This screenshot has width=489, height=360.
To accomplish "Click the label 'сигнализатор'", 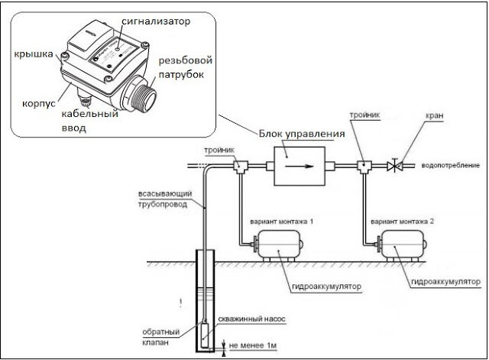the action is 156,21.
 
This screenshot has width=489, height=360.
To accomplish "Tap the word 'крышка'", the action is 34,54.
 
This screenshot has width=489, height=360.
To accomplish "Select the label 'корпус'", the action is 39,104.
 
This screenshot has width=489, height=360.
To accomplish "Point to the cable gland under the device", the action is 83,98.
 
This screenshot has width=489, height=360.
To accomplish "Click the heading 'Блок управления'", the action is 302,134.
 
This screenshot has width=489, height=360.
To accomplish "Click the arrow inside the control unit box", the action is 300,166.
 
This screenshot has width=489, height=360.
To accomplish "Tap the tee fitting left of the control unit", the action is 241,167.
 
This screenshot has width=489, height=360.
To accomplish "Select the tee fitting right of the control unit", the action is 364,167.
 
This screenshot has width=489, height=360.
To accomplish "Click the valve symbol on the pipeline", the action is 395,166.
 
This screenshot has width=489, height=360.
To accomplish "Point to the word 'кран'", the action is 435,115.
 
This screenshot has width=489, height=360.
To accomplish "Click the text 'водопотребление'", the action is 450,165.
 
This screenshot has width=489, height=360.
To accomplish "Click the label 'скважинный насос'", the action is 251,319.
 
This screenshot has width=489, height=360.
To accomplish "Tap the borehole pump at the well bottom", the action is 206,336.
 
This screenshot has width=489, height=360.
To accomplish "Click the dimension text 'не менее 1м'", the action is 253,345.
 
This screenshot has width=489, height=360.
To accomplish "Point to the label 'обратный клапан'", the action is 160,337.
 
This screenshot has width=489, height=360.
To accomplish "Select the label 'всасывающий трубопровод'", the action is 165,199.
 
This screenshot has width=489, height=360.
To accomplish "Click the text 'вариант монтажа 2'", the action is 402,222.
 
